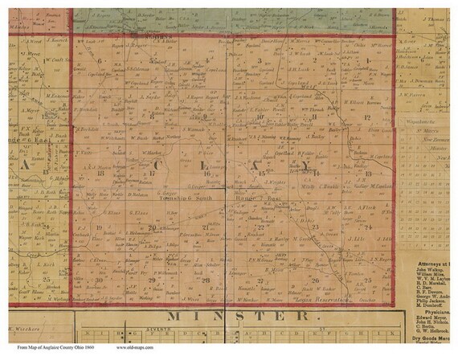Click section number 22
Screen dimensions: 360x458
260,228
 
